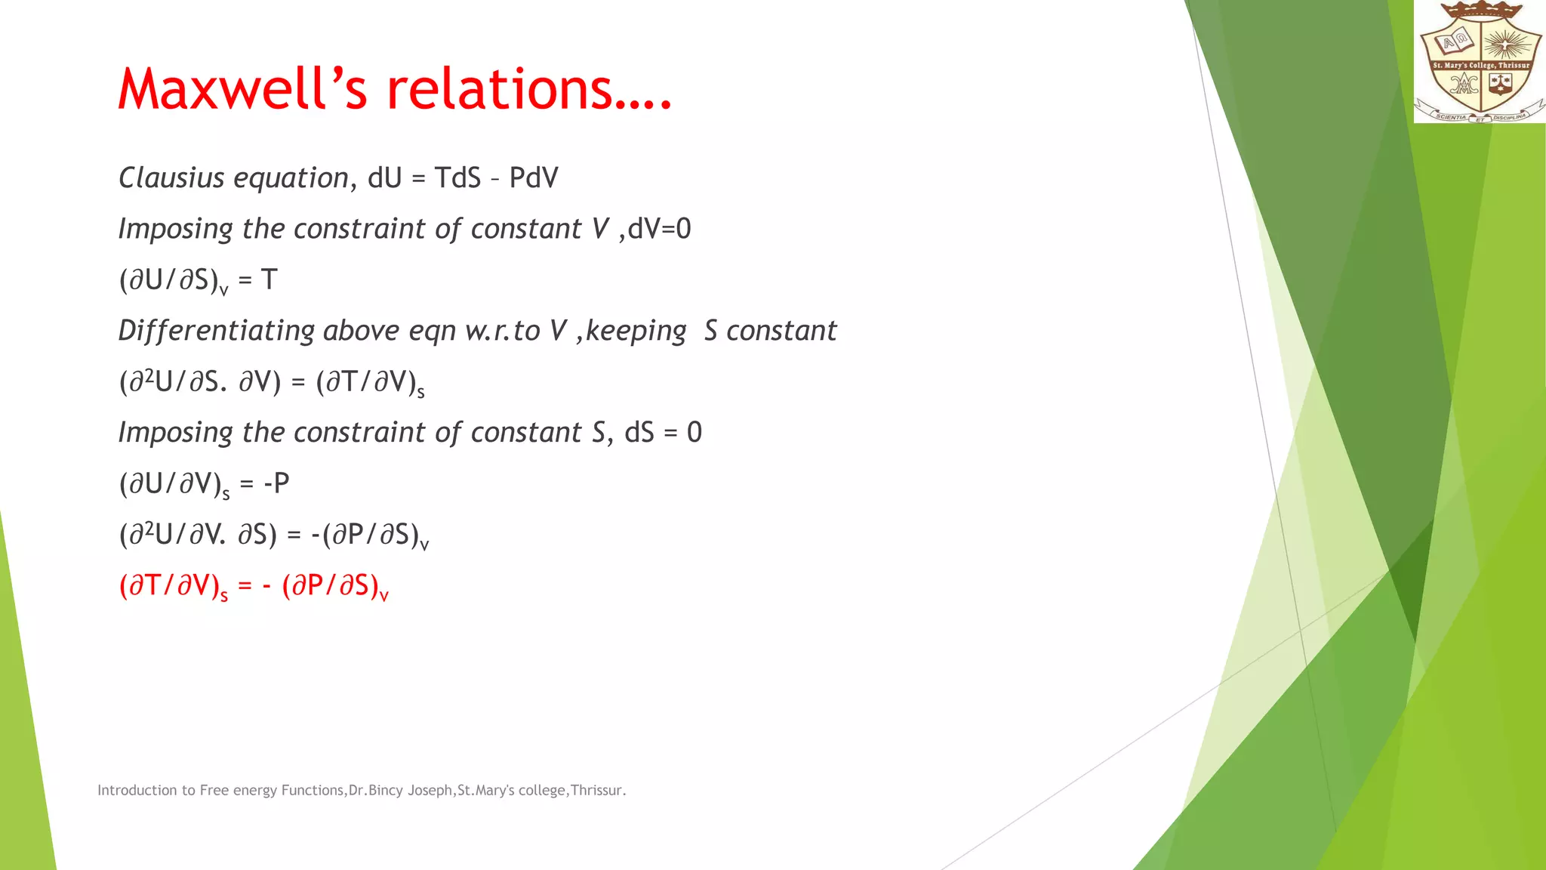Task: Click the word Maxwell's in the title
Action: click(x=242, y=89)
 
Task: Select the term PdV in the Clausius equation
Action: click(x=533, y=178)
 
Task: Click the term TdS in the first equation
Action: click(x=457, y=178)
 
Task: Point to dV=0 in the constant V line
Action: click(x=659, y=229)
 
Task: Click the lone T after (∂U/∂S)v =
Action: click(x=269, y=280)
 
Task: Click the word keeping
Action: click(x=636, y=331)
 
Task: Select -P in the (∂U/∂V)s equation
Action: click(x=276, y=483)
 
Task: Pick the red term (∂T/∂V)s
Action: click(x=173, y=586)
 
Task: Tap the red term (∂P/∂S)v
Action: click(x=334, y=586)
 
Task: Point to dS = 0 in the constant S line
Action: click(x=663, y=433)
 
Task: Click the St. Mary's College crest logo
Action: click(x=1480, y=62)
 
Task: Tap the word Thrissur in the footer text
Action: click(x=596, y=791)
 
